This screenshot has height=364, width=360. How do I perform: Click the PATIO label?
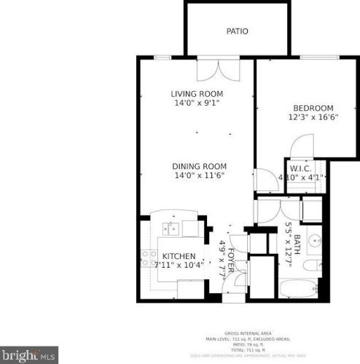238,31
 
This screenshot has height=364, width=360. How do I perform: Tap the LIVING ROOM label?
197,94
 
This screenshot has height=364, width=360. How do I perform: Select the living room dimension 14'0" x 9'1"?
197,104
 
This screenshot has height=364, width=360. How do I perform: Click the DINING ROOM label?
200,166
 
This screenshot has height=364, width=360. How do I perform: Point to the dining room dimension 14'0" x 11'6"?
200,175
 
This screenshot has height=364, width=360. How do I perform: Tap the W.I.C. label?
301,169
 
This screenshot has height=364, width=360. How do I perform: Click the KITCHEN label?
179,256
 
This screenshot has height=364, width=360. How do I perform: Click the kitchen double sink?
172,229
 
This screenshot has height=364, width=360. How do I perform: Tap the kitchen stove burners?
149,257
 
